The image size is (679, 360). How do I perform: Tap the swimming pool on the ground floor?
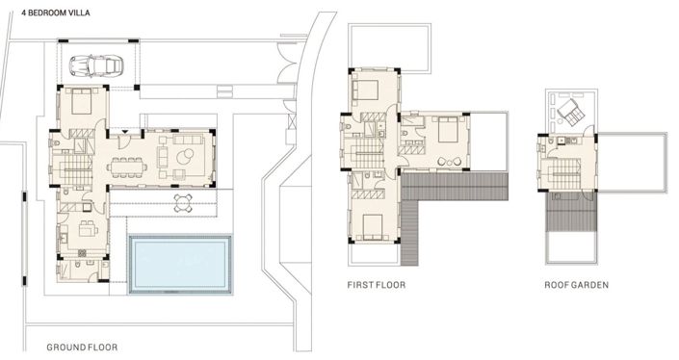coord(180,263)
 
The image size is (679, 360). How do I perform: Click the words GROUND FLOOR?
coord(82,345)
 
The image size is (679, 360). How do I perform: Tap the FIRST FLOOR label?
coord(376,285)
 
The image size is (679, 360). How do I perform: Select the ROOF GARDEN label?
coord(575,285)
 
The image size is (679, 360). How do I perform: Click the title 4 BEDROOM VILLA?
coord(55,14)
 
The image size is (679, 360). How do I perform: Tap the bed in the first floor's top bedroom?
coord(368,90)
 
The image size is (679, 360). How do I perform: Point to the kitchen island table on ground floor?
coord(87,229)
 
